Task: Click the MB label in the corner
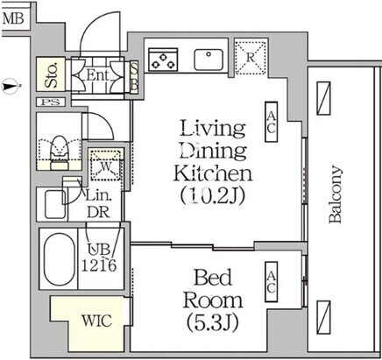click(x=13, y=19)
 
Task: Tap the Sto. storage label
click(x=51, y=75)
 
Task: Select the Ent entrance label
click(x=98, y=75)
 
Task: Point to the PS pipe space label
click(x=50, y=102)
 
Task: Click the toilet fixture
click(x=60, y=152)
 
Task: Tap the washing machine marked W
click(x=105, y=165)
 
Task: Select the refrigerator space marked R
click(x=251, y=58)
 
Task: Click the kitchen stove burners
click(x=163, y=60)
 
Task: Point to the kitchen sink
click(x=209, y=60)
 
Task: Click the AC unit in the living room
click(x=271, y=122)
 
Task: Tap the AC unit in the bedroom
click(x=271, y=282)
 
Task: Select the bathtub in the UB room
click(x=59, y=259)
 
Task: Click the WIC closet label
click(x=96, y=321)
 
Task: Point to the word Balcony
click(x=336, y=194)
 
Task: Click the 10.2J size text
click(x=212, y=195)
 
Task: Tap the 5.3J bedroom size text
click(x=212, y=322)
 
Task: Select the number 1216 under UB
click(x=99, y=265)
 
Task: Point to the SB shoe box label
click(x=134, y=77)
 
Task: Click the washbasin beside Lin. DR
click(x=55, y=204)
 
